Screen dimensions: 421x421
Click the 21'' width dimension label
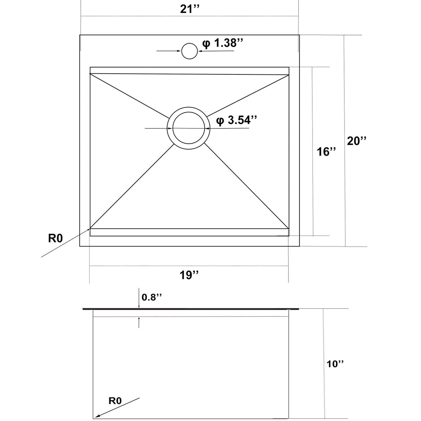coord(190,9)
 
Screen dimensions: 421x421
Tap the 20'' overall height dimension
coord(356,141)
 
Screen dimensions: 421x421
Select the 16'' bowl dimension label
coord(326,152)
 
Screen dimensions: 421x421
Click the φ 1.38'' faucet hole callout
coord(222,43)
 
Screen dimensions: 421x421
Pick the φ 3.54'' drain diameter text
coord(236,120)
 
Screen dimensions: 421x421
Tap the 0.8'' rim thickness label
coord(152,297)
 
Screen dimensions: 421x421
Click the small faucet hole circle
coord(189,51)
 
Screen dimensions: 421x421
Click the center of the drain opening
coord(188,128)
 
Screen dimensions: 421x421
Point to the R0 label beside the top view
coord(55,238)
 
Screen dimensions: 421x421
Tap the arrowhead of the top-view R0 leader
coord(88,229)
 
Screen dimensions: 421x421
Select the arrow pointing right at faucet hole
coord(169,51)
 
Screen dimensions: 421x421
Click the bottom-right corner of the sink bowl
coord(289,236)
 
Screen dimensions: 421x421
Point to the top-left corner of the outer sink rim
coord(80,35)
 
